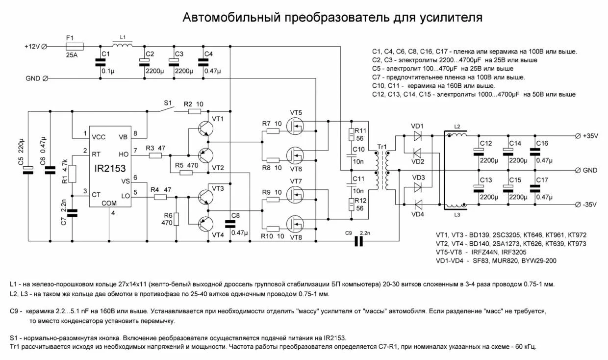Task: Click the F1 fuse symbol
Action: (x=74, y=46)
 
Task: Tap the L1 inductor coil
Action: (x=123, y=45)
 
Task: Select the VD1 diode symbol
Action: (x=418, y=136)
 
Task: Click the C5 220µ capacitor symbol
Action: (x=29, y=170)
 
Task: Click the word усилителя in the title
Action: (x=451, y=18)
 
